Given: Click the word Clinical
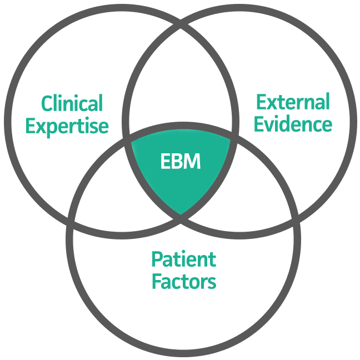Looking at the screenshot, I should coord(72,103).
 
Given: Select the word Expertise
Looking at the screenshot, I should coord(67,126).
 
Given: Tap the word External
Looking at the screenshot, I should coord(292,102).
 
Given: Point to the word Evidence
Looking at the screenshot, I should coord(293,124).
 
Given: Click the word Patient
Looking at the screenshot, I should coord(183,259).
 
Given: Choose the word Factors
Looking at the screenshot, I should coord(183,282).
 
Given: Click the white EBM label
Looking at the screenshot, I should coord(180,162).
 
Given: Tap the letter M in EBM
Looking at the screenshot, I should coord(192,162).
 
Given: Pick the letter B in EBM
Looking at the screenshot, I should coord(178,162).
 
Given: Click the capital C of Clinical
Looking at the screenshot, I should coord(47,104).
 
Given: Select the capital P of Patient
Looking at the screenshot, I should coord(157,259).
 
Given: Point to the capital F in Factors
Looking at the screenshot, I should coord(157,282).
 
